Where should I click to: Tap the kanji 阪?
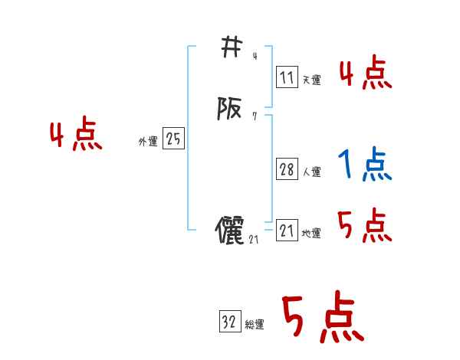click(228, 110)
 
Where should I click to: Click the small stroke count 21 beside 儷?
click(255, 240)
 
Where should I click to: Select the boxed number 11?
click(287, 77)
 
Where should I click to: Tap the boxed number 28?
click(287, 169)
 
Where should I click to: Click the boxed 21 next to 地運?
click(287, 231)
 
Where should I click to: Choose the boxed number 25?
click(173, 139)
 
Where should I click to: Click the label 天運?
click(311, 80)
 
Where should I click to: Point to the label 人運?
click(311, 172)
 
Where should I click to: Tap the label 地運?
click(311, 233)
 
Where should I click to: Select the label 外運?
click(148, 141)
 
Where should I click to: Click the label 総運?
click(255, 325)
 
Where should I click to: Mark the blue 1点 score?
click(364, 164)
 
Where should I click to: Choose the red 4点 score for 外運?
click(76, 136)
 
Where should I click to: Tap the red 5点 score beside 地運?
click(364, 226)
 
